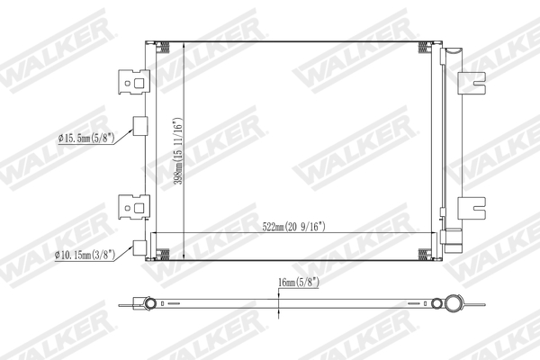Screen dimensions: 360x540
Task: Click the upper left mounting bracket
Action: pos(133,83)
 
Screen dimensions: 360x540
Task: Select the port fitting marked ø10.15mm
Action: pos(139,248)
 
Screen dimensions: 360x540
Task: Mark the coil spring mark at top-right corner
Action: pos(432,47)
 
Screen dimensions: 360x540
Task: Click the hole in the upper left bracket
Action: pos(141,81)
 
